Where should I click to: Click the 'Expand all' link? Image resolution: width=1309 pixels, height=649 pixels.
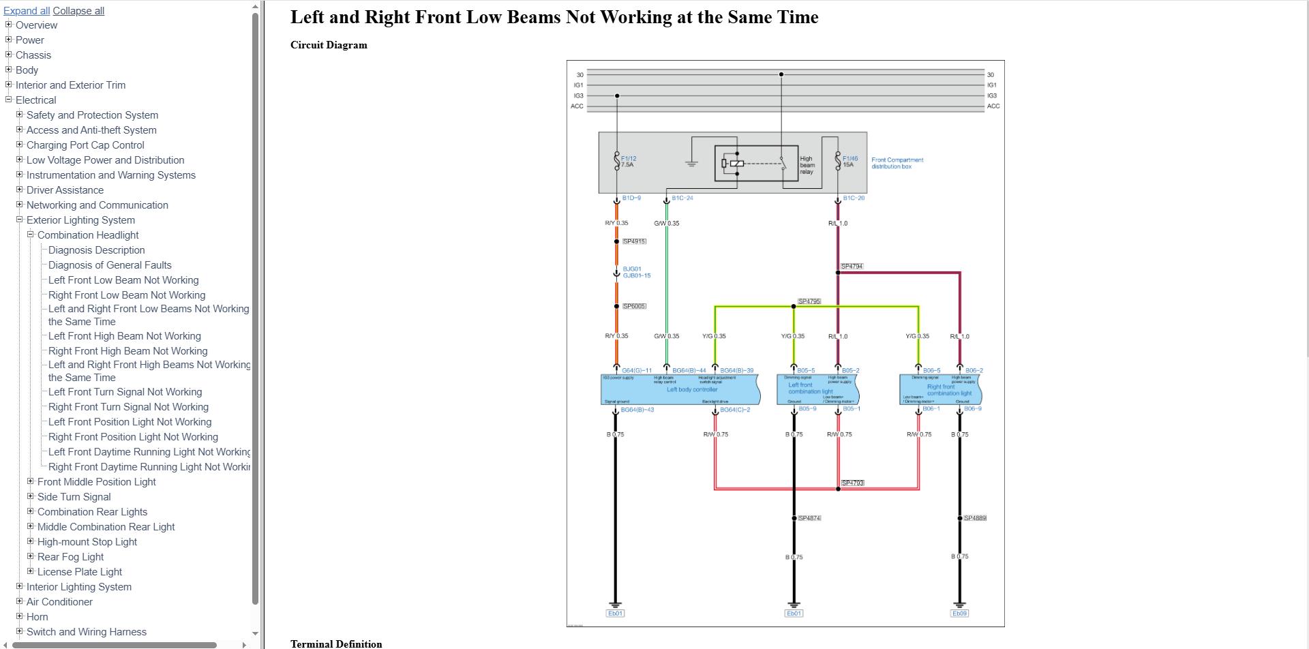click(26, 11)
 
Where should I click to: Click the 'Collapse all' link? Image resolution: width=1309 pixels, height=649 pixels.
click(78, 11)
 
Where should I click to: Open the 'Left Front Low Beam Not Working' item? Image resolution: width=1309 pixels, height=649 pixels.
click(123, 280)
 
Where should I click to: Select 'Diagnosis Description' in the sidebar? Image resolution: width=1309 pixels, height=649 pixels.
click(96, 250)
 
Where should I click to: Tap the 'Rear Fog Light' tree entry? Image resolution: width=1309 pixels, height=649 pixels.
click(70, 557)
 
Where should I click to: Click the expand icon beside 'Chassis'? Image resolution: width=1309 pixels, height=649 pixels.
click(9, 55)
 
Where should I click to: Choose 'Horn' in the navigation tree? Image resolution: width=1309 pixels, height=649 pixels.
click(37, 617)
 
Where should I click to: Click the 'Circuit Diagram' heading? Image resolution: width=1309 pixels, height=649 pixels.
click(329, 45)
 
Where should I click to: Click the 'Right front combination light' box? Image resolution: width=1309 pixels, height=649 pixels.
click(941, 390)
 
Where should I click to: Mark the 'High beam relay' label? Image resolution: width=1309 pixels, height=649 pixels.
click(807, 165)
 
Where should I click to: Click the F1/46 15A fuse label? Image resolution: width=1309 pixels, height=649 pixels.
click(849, 162)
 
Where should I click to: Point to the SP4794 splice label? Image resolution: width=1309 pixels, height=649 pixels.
click(852, 267)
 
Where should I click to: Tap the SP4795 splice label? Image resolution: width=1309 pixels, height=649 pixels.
click(809, 301)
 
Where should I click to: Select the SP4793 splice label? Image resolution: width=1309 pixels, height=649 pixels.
click(852, 483)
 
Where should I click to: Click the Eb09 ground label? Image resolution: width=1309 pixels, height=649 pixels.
click(959, 614)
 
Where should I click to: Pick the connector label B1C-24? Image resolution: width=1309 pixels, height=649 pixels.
click(682, 198)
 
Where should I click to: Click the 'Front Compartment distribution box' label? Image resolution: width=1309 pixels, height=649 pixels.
click(897, 163)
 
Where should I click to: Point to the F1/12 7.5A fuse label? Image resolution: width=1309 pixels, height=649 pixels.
click(628, 162)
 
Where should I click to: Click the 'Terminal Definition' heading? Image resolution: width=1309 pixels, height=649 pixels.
click(336, 644)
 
